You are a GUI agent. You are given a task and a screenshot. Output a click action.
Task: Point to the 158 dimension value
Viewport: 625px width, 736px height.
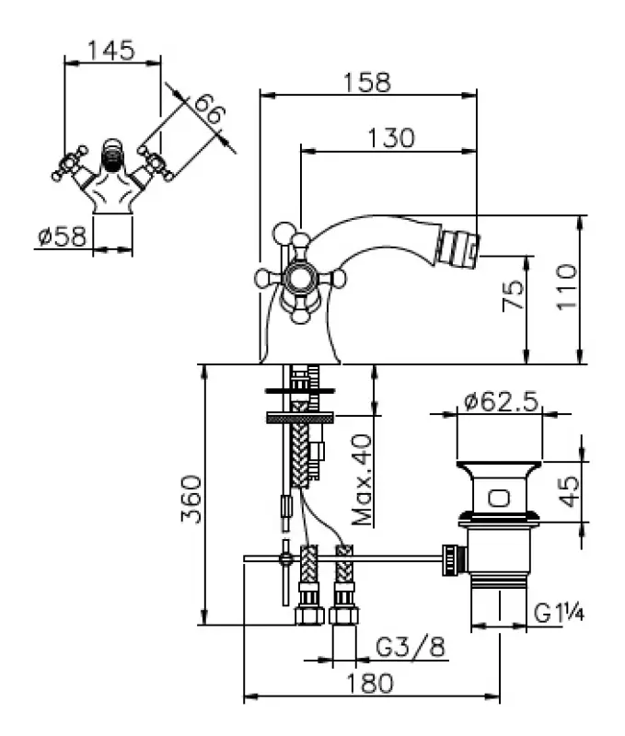pos(367,81)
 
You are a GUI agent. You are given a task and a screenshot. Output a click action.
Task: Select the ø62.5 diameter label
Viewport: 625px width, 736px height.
pos(501,402)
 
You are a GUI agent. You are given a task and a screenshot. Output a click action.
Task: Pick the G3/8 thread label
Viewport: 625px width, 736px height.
pos(411,648)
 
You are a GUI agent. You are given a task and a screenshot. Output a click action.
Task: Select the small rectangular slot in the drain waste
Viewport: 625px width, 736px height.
pos(497,499)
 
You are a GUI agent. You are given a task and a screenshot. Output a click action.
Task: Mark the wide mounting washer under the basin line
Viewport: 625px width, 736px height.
pos(297,418)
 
